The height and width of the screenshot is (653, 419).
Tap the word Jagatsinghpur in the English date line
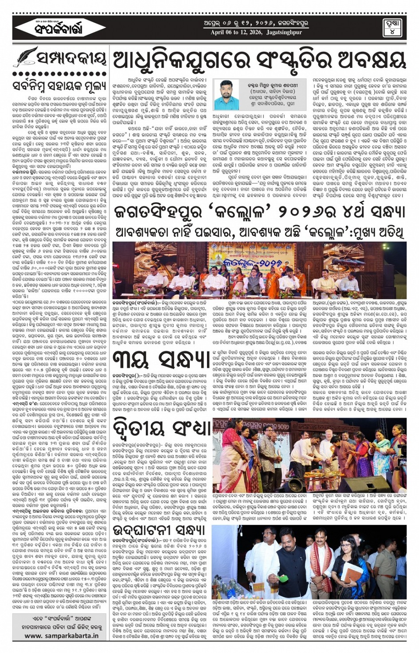(x=280, y=32)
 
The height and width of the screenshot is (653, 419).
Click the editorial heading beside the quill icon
(x=71, y=58)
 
